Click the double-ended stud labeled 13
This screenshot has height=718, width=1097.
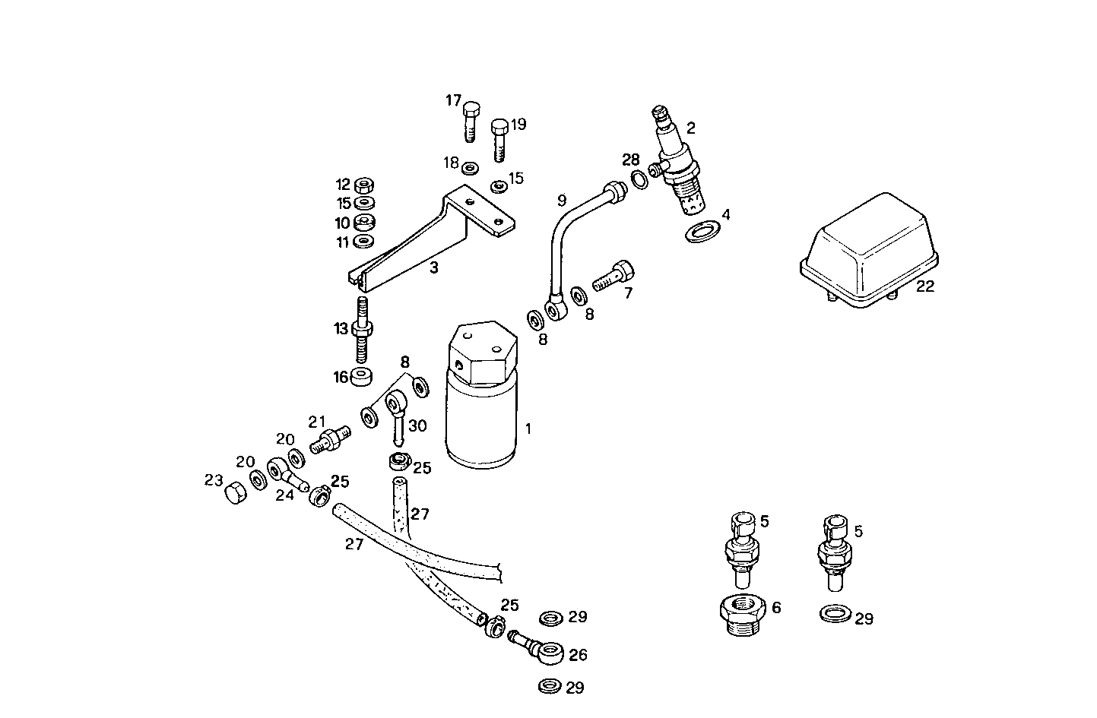coord(363,331)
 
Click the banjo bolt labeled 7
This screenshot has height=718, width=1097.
coord(613,277)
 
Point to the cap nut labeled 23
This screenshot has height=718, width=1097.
coord(235,495)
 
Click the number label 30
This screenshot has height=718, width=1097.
coord(417,425)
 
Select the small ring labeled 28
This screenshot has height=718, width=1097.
coord(639,180)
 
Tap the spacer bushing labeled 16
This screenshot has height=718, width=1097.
coord(363,377)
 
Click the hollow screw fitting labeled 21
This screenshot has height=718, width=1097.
coord(330,440)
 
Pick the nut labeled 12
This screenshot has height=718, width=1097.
coord(364,185)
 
